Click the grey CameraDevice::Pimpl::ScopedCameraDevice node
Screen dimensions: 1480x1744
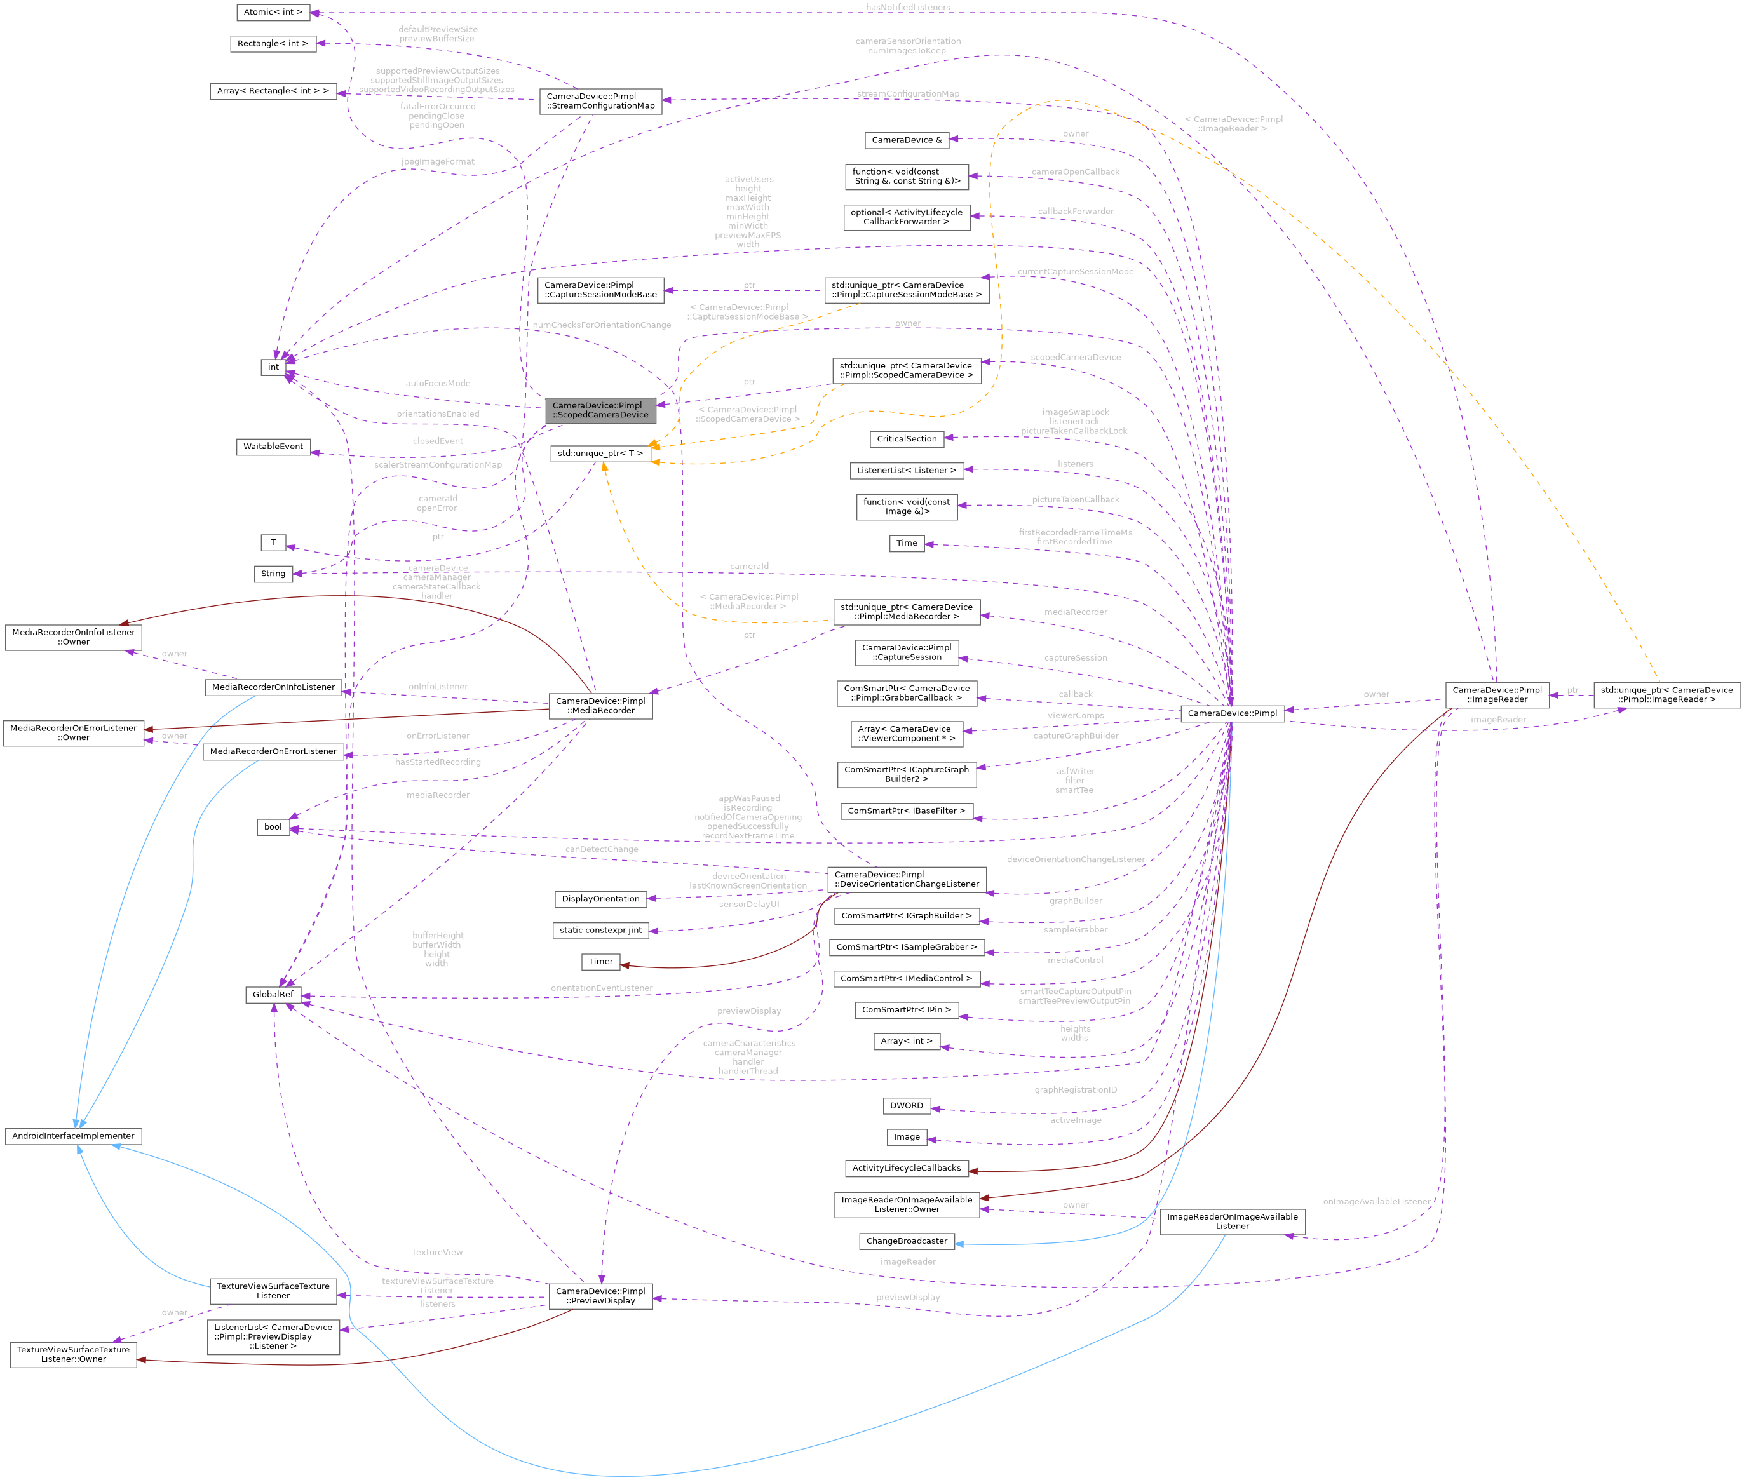[600, 410]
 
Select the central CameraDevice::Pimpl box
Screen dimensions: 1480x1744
[1231, 713]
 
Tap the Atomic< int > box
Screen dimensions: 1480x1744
[273, 11]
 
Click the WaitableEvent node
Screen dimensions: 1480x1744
[273, 447]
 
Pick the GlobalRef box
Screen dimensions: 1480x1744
[273, 994]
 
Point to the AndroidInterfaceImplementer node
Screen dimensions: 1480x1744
[73, 1136]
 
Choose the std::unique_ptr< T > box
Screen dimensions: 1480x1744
[600, 453]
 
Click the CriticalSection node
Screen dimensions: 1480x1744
[907, 439]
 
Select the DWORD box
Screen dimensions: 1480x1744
[907, 1105]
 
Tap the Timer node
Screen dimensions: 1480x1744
[600, 962]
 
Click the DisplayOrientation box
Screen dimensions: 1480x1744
[600, 899]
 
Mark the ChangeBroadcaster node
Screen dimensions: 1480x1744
[907, 1241]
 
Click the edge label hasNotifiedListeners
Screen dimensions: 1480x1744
[907, 8]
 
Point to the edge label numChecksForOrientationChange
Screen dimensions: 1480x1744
[601, 325]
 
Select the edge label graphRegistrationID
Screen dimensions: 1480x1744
[1075, 1090]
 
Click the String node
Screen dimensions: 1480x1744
[273, 574]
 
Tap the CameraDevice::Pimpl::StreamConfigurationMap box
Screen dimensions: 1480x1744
[600, 101]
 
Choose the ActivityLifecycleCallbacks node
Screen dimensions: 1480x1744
[907, 1168]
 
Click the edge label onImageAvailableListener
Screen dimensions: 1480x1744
[1376, 1201]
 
